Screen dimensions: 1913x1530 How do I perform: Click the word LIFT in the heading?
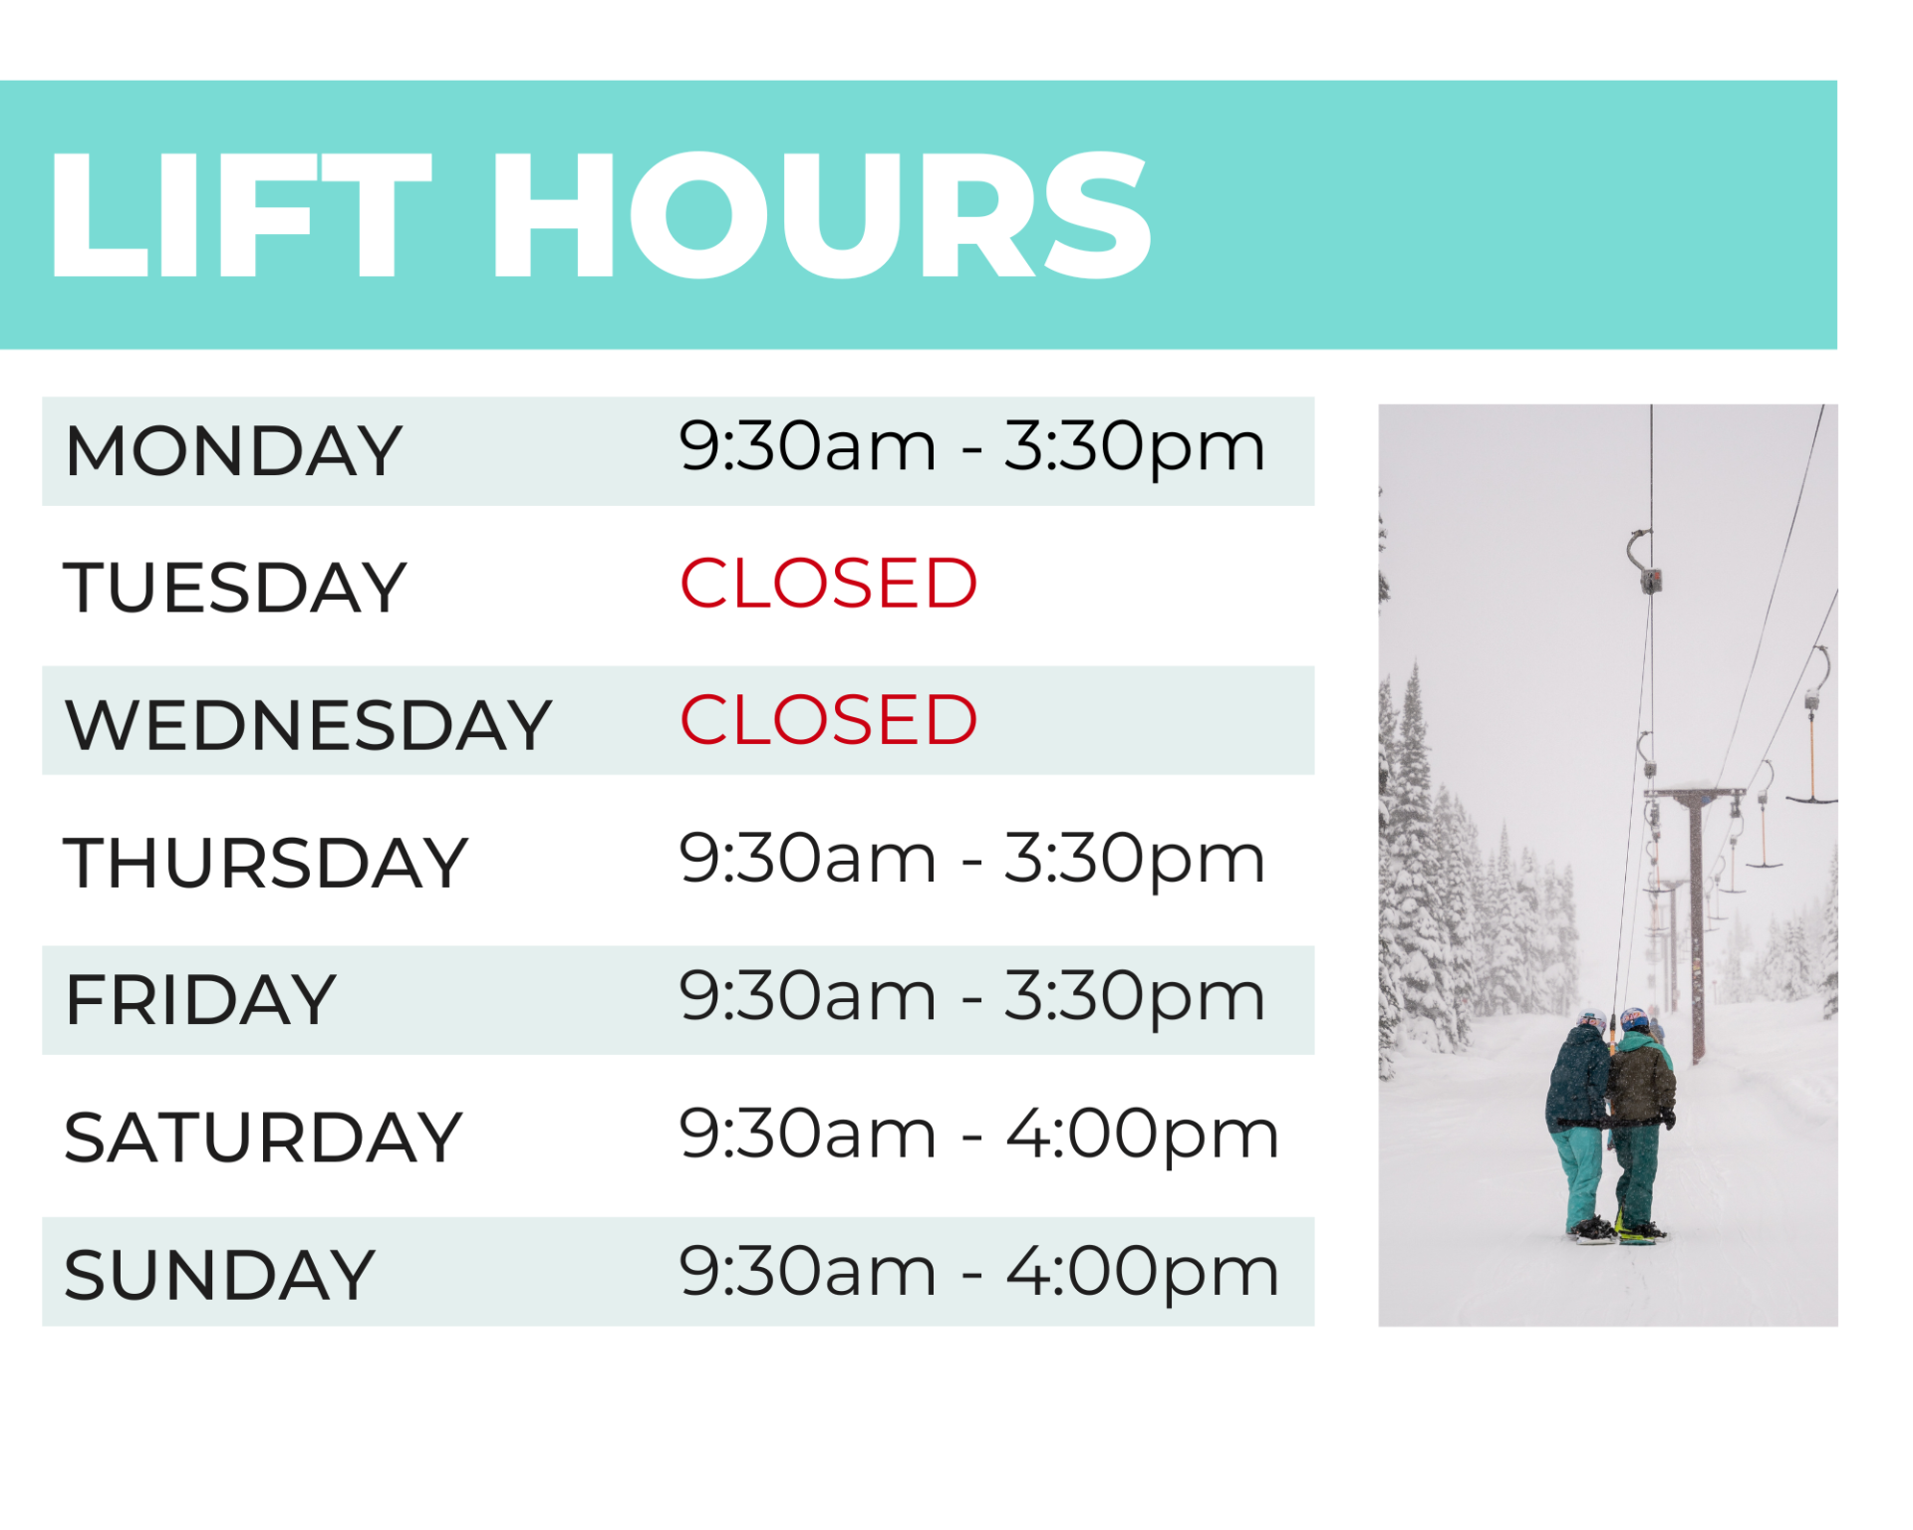coord(240,214)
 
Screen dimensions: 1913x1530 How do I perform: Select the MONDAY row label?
coord(233,451)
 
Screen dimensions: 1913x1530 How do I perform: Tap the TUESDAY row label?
coord(235,588)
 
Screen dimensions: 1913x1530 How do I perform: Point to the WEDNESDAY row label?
coord(308,724)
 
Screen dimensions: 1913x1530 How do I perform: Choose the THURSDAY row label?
coord(265,863)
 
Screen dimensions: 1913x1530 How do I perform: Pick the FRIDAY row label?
coord(200,1000)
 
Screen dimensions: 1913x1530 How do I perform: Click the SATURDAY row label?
coord(263,1138)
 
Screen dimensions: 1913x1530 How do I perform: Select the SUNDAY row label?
coord(219,1275)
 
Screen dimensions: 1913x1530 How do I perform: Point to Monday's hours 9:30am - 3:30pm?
coord(971,449)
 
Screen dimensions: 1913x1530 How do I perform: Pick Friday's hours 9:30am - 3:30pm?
coord(971,998)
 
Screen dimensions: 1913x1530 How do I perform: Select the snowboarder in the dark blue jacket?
coord(1579,1126)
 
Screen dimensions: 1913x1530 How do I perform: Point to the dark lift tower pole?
coord(1697,926)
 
